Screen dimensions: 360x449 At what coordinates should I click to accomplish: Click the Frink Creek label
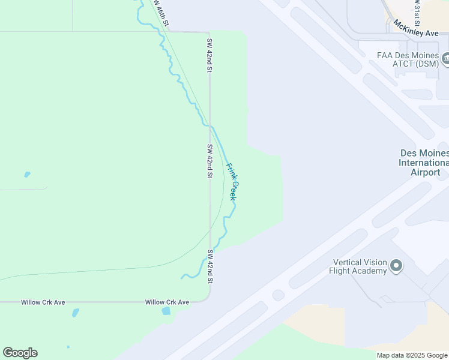coord(232,181)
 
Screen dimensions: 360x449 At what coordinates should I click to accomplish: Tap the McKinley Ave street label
coord(417,29)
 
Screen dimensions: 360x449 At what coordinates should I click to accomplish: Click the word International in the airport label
coord(424,163)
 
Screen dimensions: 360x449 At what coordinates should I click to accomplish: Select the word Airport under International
coord(426,172)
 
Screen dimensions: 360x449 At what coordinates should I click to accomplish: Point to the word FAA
coord(384,55)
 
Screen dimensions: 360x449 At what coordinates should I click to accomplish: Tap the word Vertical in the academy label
coord(349,262)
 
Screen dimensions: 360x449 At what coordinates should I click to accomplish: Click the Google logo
coord(20,353)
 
